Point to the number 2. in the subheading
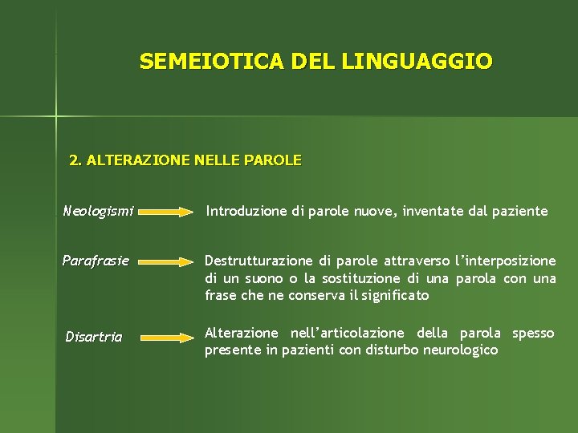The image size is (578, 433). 75,160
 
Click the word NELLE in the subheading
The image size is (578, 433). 217,160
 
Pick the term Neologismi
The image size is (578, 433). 98,212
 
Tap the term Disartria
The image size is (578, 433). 94,337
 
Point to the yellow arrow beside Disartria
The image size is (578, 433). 166,338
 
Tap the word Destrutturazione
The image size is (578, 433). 259,261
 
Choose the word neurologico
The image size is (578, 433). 453,350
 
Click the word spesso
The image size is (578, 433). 533,333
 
